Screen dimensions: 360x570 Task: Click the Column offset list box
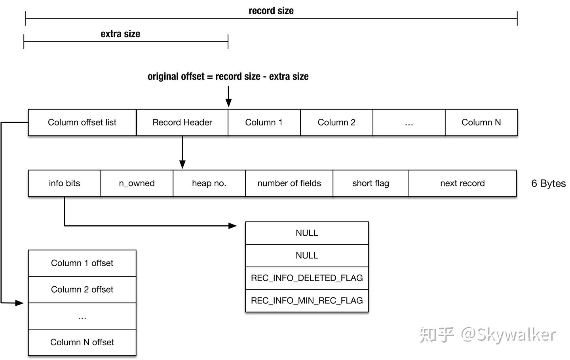(x=82, y=122)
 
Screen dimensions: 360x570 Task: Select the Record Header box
(x=182, y=122)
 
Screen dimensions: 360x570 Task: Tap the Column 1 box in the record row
(x=264, y=122)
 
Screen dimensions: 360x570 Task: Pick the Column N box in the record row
(x=481, y=122)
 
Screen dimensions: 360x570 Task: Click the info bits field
(x=65, y=183)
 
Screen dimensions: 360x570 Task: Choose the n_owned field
(x=137, y=183)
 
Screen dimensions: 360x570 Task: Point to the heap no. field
(x=209, y=183)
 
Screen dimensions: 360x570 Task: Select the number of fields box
(x=289, y=183)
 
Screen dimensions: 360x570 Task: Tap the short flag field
(x=370, y=183)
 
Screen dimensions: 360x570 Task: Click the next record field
(x=462, y=183)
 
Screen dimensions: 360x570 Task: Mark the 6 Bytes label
(x=548, y=183)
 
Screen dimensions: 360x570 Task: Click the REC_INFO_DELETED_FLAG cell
(x=307, y=278)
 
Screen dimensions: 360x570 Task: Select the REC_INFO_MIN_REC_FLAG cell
(x=307, y=301)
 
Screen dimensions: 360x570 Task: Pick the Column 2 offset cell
(x=82, y=290)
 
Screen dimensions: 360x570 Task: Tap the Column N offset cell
(x=82, y=342)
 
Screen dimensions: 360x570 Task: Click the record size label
(x=271, y=11)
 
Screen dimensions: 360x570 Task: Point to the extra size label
(x=120, y=34)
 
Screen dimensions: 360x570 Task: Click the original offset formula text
(x=228, y=76)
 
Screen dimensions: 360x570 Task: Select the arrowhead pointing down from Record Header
(x=182, y=165)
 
